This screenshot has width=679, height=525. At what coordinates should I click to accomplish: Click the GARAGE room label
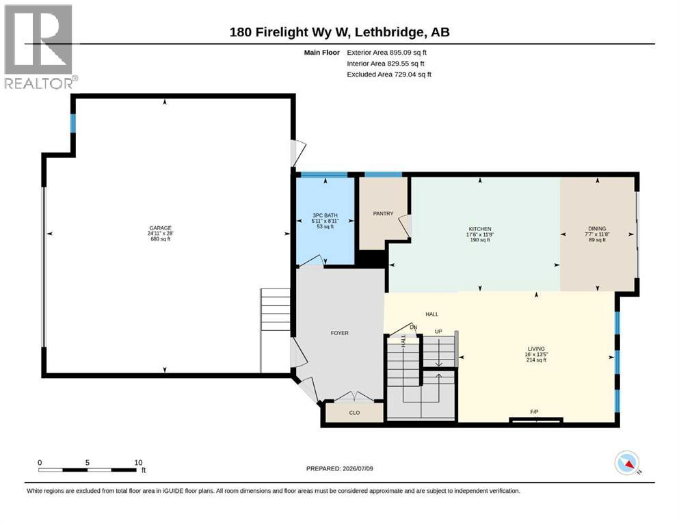point(160,228)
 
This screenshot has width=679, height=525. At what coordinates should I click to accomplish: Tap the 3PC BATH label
point(325,215)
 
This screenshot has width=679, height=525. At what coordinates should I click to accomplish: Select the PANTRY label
point(383,213)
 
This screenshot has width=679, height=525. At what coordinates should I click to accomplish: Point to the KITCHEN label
point(480,229)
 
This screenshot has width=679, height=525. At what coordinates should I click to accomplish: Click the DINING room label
point(597,228)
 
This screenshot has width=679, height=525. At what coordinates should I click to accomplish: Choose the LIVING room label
point(536,349)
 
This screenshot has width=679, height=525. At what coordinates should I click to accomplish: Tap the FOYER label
point(339,333)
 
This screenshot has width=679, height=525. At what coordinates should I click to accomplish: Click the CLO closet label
point(354,412)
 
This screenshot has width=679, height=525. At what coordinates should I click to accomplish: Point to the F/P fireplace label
point(534,412)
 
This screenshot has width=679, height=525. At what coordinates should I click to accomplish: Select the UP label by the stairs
point(438,332)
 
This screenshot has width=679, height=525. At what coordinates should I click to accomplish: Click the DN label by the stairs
point(414,327)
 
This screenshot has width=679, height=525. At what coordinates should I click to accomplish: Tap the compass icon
point(627,463)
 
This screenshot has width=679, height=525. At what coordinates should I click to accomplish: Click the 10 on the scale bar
point(138,462)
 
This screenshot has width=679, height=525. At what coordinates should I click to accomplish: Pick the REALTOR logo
point(40,46)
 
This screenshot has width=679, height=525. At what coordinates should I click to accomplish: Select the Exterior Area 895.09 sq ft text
point(387,53)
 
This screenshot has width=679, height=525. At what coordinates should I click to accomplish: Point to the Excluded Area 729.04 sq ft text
point(389,74)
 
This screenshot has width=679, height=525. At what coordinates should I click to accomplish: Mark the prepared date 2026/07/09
point(358,468)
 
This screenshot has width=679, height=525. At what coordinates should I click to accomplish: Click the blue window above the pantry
point(383,174)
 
